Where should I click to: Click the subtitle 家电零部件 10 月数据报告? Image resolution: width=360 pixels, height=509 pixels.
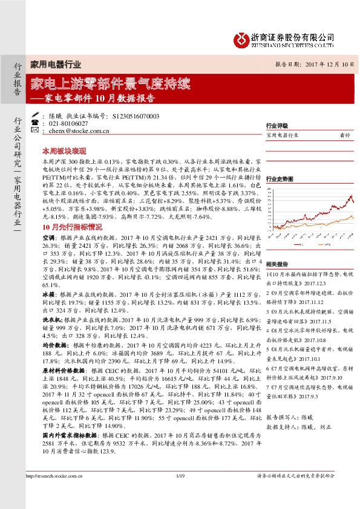tap(99, 97)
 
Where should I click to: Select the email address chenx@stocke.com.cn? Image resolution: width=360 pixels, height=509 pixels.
tap(79, 130)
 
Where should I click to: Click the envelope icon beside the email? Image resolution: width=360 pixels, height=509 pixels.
tap(35, 130)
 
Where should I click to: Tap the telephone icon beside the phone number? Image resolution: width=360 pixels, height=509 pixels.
tap(35, 123)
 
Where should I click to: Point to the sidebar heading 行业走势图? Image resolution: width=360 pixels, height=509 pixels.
tap(279, 179)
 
